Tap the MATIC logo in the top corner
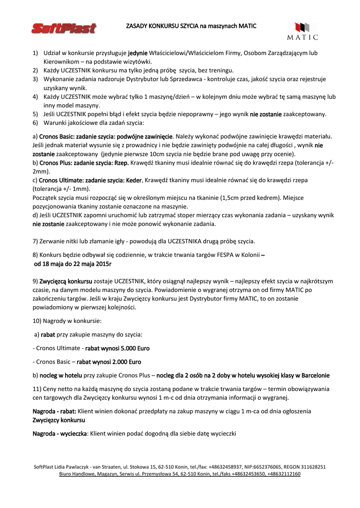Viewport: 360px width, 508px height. coord(302,31)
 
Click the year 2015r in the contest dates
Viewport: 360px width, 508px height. coord(101,263)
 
